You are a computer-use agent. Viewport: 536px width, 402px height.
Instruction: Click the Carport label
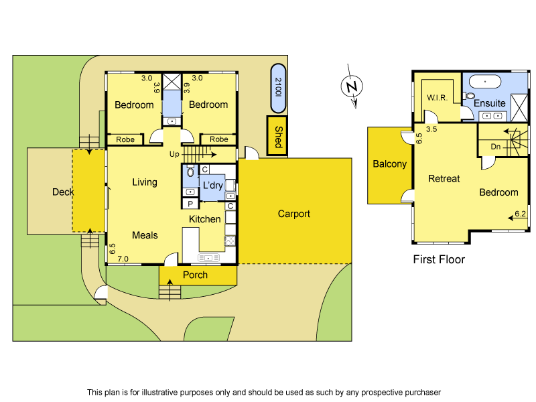[x=294, y=214]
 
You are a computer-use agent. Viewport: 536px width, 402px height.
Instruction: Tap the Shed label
[x=277, y=136]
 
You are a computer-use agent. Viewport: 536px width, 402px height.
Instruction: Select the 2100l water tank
[x=278, y=88]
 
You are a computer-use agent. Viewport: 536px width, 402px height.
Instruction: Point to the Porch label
[x=195, y=275]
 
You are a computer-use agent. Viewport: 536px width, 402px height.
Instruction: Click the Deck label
[x=63, y=192]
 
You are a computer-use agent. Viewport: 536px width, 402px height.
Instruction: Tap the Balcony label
[x=390, y=164]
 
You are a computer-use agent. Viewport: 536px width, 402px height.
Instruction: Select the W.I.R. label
[x=438, y=98]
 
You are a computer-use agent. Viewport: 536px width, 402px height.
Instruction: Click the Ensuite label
[x=490, y=103]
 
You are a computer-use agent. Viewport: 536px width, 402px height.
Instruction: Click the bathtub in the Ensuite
[x=483, y=82]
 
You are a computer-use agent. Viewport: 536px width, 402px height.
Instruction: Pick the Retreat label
[x=444, y=179]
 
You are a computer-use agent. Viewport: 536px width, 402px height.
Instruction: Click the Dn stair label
[x=496, y=146]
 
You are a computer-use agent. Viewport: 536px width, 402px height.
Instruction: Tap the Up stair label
[x=174, y=154]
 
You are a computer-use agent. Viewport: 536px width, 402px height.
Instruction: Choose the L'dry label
[x=213, y=185]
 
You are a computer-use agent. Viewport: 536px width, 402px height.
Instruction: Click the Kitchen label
[x=204, y=219]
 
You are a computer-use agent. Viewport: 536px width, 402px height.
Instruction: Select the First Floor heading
[x=439, y=259]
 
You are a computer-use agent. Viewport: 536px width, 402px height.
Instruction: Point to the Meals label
[x=145, y=234]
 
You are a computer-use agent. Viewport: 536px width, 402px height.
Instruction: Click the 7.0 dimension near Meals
[x=123, y=259]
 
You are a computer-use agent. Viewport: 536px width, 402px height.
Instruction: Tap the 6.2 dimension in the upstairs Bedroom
[x=520, y=214]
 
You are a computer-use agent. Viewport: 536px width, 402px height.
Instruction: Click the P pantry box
[x=190, y=204]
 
